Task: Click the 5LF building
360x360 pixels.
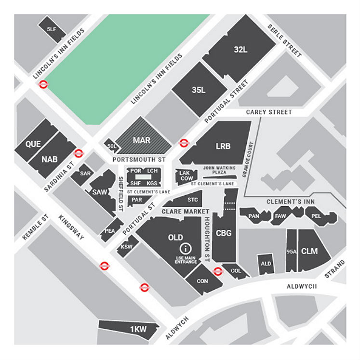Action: pos(52,29)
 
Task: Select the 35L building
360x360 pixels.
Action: pos(199,90)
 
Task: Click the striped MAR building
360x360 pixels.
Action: pos(142,140)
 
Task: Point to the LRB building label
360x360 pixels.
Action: pos(223,146)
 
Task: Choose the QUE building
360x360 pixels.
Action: pos(33,144)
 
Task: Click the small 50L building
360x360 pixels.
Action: pos(112,146)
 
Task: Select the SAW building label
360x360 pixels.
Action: pos(100,192)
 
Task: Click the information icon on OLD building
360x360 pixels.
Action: pos(184,249)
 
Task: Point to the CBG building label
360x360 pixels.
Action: pos(224,233)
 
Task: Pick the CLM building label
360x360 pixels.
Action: pos(309,251)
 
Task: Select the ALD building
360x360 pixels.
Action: pos(266,264)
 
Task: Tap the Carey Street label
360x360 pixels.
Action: pos(269,112)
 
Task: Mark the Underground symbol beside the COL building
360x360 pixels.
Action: pos(218,271)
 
